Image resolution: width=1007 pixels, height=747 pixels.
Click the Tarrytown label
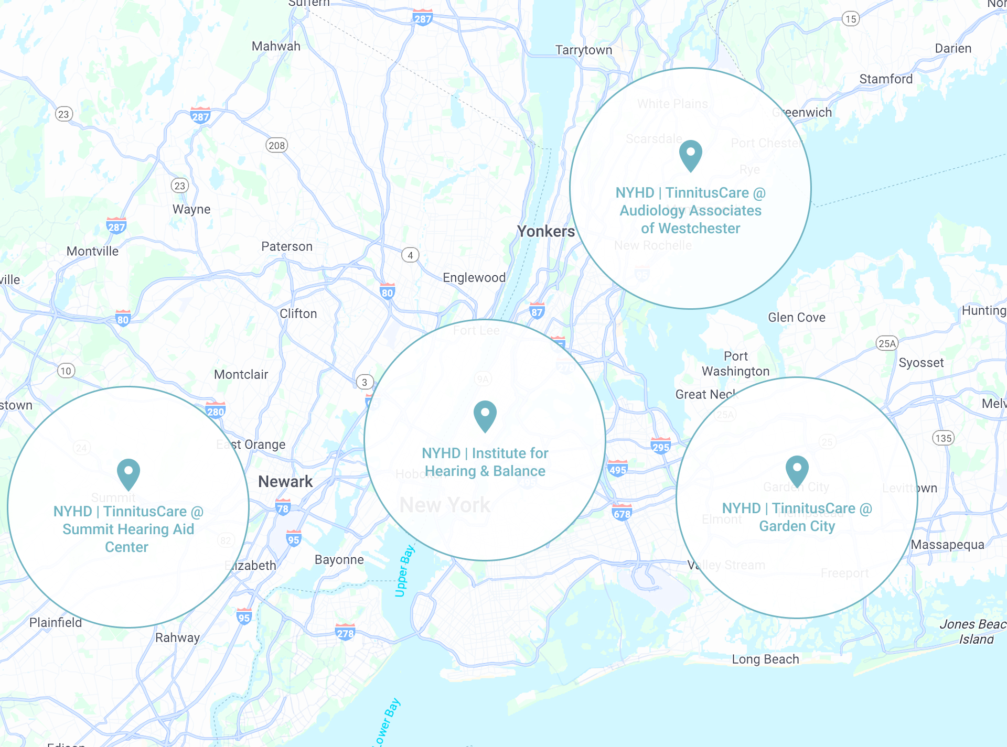point(583,50)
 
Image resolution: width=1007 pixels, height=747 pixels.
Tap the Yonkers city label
point(545,231)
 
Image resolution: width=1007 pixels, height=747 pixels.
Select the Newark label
point(285,481)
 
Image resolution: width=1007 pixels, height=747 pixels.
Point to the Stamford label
point(886,79)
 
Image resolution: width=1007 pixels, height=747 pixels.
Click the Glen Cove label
point(796,317)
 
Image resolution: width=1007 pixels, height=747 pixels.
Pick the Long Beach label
point(765,659)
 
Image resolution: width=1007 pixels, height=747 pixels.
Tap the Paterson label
point(287,246)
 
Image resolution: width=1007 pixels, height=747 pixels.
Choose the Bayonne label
point(339,559)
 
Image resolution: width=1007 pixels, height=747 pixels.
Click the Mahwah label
point(276,46)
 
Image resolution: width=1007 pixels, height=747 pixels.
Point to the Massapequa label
point(947,545)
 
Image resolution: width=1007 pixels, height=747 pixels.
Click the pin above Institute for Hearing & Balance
point(485,416)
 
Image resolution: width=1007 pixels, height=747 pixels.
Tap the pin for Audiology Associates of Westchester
point(690,155)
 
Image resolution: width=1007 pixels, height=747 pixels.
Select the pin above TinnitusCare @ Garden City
point(797,470)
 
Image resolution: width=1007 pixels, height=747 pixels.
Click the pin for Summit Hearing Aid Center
point(128,473)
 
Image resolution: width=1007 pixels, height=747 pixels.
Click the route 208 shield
point(276,145)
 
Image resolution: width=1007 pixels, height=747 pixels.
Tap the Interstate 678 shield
point(622,513)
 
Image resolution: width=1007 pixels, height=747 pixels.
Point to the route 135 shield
point(943,438)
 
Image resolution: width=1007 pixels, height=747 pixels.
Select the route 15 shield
point(851,19)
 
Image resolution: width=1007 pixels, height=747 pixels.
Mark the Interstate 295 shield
point(660,446)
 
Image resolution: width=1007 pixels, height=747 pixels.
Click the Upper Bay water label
point(404,571)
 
